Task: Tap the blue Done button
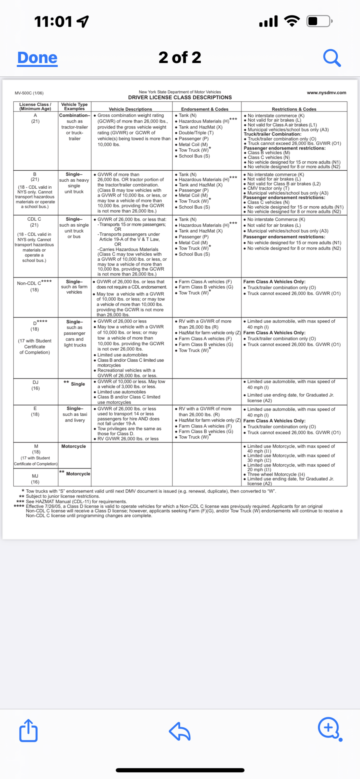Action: pos(38,58)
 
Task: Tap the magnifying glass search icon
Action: pos(332,58)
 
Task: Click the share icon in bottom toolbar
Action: pos(29,730)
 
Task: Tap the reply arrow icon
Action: pos(180,731)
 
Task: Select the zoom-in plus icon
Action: pos(329,728)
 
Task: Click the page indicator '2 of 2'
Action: pos(180,58)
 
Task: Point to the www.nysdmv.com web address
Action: pos(326,93)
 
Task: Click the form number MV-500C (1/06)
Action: pos(29,93)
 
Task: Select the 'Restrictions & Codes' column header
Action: pos(294,109)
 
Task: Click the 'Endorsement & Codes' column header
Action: pos(205,109)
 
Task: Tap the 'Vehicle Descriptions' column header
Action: pos(130,109)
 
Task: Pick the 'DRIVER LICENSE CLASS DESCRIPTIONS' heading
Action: pos(180,97)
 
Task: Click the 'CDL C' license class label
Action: pos(34,219)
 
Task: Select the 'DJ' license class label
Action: pos(35,382)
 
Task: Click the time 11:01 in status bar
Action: pos(53,22)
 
